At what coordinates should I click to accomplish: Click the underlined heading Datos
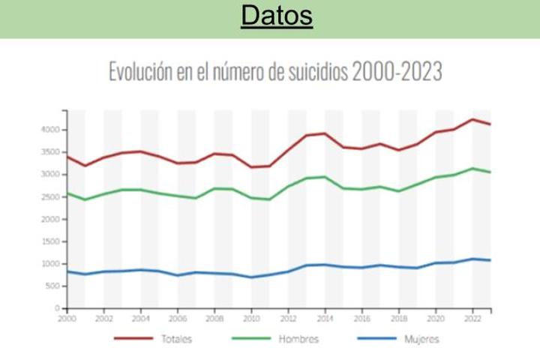pyautogui.click(x=277, y=16)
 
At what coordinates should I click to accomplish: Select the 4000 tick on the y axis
pyautogui.click(x=49, y=130)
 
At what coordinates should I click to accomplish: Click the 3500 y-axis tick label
pyautogui.click(x=49, y=152)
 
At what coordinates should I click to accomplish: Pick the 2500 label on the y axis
pyautogui.click(x=49, y=196)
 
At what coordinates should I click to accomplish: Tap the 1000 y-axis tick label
pyautogui.click(x=49, y=264)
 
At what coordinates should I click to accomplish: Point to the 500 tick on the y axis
pyautogui.click(x=52, y=286)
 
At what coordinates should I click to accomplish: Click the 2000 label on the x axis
pyautogui.click(x=67, y=318)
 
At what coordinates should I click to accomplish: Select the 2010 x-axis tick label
pyautogui.click(x=251, y=318)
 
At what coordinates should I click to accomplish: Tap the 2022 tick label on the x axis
pyautogui.click(x=472, y=318)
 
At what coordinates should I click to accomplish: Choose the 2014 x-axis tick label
pyautogui.click(x=325, y=318)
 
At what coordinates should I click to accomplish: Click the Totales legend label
pyautogui.click(x=176, y=339)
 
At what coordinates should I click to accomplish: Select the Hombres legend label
pyautogui.click(x=298, y=339)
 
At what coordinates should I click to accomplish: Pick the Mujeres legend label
pyautogui.click(x=421, y=339)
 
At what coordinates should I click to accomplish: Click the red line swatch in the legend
pyautogui.click(x=133, y=339)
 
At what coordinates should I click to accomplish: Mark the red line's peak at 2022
pyautogui.click(x=472, y=119)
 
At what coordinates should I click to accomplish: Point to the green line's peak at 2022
pyautogui.click(x=472, y=168)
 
